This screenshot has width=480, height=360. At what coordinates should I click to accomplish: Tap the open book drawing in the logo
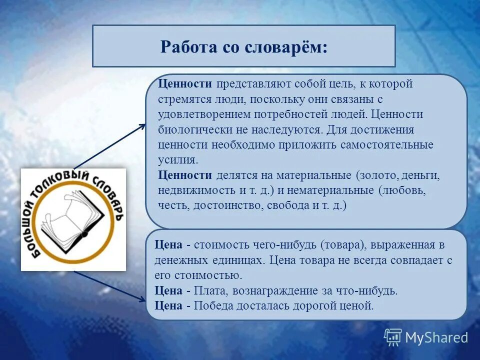pyautogui.click(x=72, y=217)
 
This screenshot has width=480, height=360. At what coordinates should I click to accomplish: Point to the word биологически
pyautogui.click(x=192, y=130)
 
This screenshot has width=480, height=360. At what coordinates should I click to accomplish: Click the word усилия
pyautogui.click(x=178, y=160)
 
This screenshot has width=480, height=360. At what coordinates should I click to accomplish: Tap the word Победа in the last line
pyautogui.click(x=213, y=305)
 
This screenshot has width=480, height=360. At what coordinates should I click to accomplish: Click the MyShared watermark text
pyautogui.click(x=436, y=337)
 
